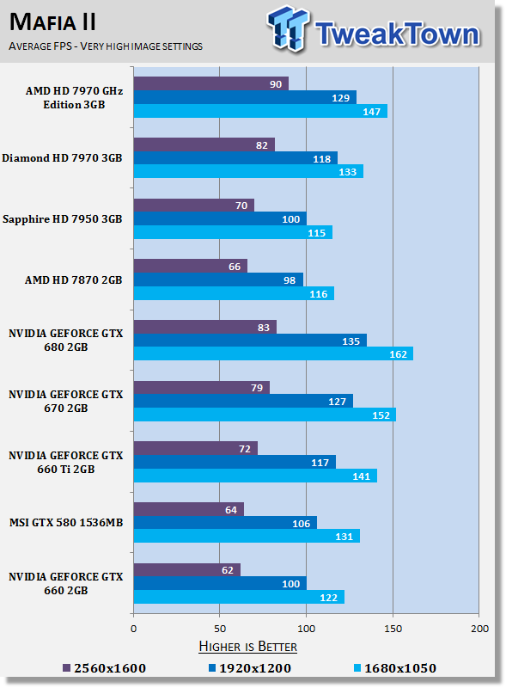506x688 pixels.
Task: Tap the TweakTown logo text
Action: point(396,34)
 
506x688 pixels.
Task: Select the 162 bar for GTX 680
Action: point(273,353)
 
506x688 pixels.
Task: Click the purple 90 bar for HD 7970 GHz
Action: point(210,83)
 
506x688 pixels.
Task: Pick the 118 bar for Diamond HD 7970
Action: point(235,158)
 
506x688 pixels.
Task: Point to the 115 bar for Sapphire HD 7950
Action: point(233,232)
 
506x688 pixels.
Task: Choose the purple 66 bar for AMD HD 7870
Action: point(190,266)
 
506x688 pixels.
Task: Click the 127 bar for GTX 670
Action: point(243,402)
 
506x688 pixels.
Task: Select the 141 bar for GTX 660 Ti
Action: point(255,476)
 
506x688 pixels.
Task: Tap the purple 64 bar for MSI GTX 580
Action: point(188,509)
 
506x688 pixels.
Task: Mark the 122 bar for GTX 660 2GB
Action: point(239,597)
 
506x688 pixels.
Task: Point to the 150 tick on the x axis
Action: point(393,629)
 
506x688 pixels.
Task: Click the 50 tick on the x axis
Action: point(220,629)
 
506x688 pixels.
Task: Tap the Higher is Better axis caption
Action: point(247,646)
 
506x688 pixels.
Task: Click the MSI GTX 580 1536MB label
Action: point(67,524)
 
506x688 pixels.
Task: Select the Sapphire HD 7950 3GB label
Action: point(63,219)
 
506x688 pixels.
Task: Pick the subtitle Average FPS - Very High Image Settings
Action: point(106,46)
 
